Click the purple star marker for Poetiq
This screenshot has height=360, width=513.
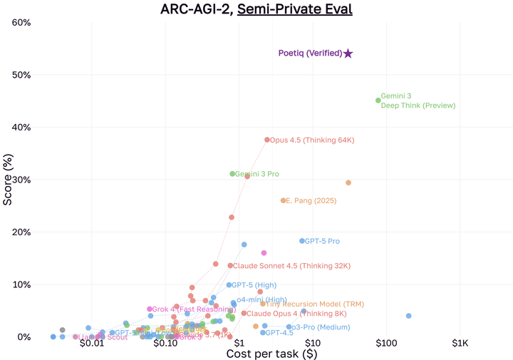tap(348, 53)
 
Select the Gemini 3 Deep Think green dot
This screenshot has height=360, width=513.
tap(378, 101)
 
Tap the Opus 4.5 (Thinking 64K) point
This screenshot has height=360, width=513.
tap(267, 140)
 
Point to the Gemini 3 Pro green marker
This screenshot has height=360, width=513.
tap(232, 174)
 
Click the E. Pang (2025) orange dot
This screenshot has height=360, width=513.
tap(283, 201)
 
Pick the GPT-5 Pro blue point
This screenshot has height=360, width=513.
tap(302, 241)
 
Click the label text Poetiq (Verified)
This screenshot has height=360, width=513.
tap(310, 53)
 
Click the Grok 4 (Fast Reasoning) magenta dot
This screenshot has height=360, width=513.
tap(150, 309)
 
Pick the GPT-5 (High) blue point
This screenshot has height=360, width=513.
tap(229, 285)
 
